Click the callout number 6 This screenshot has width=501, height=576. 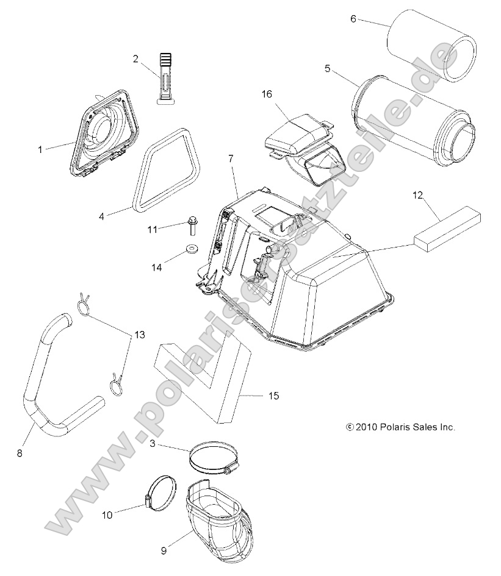coord(353,19)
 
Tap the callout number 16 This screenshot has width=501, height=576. coord(267,94)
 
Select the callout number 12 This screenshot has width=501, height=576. coord(417,195)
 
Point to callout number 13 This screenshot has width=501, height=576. coord(140,335)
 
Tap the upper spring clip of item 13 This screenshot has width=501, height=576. coord(84,304)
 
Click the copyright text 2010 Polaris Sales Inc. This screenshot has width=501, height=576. coord(400,427)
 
